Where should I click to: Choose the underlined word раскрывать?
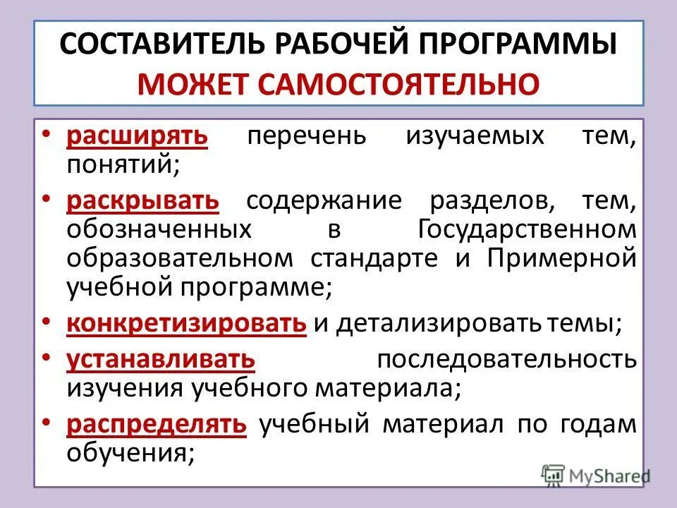point(143,201)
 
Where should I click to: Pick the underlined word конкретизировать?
point(187,323)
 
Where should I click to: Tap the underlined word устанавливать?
point(161,358)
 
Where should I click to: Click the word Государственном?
point(527,230)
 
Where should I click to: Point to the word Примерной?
point(561,258)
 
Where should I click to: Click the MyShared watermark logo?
point(596,474)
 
